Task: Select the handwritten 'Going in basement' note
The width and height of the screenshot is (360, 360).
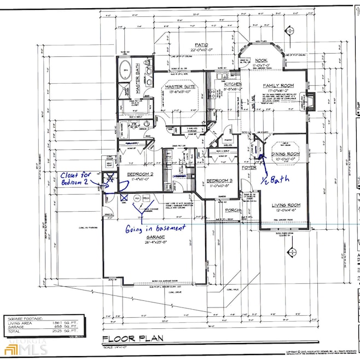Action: tap(155, 227)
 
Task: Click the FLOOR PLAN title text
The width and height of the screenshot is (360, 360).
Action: tap(134, 338)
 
